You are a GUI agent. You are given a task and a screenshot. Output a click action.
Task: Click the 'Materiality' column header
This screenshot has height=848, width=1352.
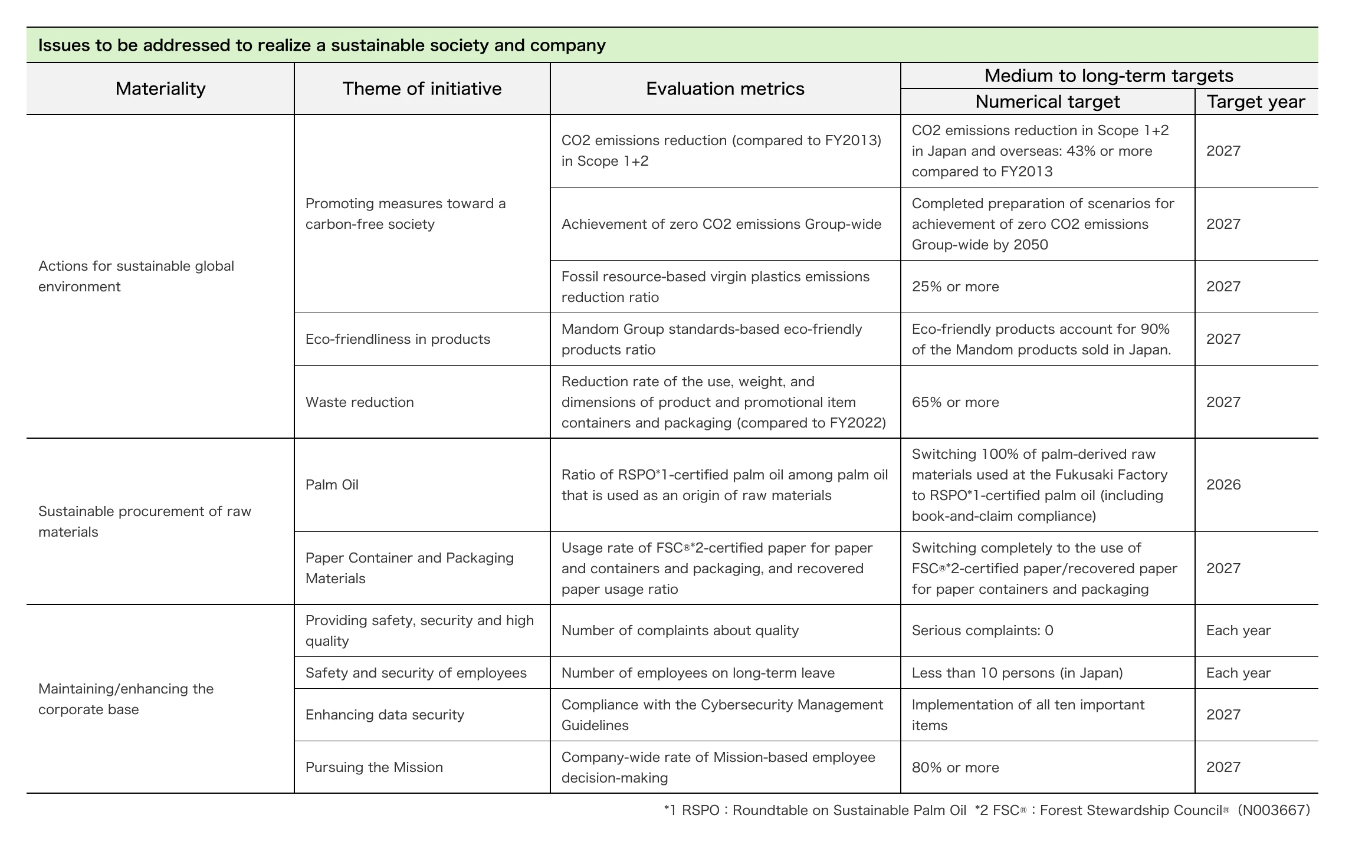(x=160, y=88)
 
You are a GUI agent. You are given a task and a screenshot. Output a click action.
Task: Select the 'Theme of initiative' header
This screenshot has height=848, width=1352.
(x=422, y=88)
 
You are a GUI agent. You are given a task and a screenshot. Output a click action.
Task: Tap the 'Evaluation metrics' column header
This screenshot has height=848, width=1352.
(x=725, y=88)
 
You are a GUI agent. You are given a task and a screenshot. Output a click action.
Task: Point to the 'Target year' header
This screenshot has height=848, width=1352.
(x=1256, y=102)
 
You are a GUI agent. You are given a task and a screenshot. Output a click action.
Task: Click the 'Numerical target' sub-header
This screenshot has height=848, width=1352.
(x=1047, y=102)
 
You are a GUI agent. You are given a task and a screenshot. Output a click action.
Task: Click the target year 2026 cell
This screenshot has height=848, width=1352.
(x=1223, y=485)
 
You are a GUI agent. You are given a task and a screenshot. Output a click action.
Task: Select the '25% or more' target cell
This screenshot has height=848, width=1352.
(x=955, y=287)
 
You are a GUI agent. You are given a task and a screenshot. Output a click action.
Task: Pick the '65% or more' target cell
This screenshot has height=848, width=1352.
(x=955, y=402)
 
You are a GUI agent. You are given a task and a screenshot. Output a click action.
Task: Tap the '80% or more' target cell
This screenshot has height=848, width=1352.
(x=955, y=767)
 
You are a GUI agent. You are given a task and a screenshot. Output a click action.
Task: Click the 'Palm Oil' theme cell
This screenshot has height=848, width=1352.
(x=332, y=485)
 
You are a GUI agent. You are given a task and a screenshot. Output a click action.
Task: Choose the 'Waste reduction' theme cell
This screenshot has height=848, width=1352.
(x=360, y=402)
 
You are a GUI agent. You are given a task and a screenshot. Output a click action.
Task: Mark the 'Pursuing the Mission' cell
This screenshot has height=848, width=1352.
(x=374, y=767)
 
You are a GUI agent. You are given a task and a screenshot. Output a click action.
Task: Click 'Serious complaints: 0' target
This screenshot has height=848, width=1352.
(x=982, y=630)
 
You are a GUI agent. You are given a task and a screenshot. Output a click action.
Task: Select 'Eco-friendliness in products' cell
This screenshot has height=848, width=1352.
(x=398, y=339)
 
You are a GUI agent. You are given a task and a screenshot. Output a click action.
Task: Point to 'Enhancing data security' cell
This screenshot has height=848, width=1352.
(x=385, y=715)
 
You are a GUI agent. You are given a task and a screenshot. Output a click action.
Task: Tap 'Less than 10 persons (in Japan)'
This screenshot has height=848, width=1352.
(x=1017, y=673)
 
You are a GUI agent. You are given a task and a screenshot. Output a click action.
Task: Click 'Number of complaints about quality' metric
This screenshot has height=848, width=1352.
(x=680, y=630)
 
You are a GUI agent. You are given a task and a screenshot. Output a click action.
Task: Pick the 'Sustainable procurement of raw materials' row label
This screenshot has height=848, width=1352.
(x=145, y=521)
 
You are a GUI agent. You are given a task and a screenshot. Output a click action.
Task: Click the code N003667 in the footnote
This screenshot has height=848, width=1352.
(x=1274, y=810)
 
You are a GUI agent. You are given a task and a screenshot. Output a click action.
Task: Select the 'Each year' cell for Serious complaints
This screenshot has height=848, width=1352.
(x=1238, y=630)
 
